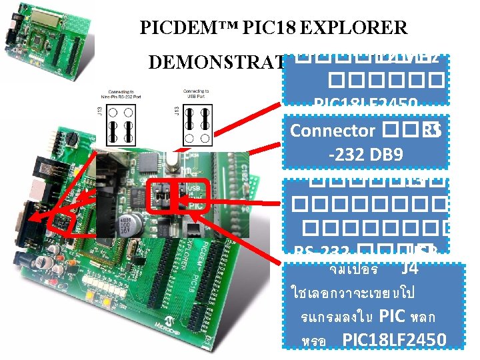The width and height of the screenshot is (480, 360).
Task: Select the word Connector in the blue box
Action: point(333,131)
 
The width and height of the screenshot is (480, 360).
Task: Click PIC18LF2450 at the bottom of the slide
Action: point(394,339)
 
